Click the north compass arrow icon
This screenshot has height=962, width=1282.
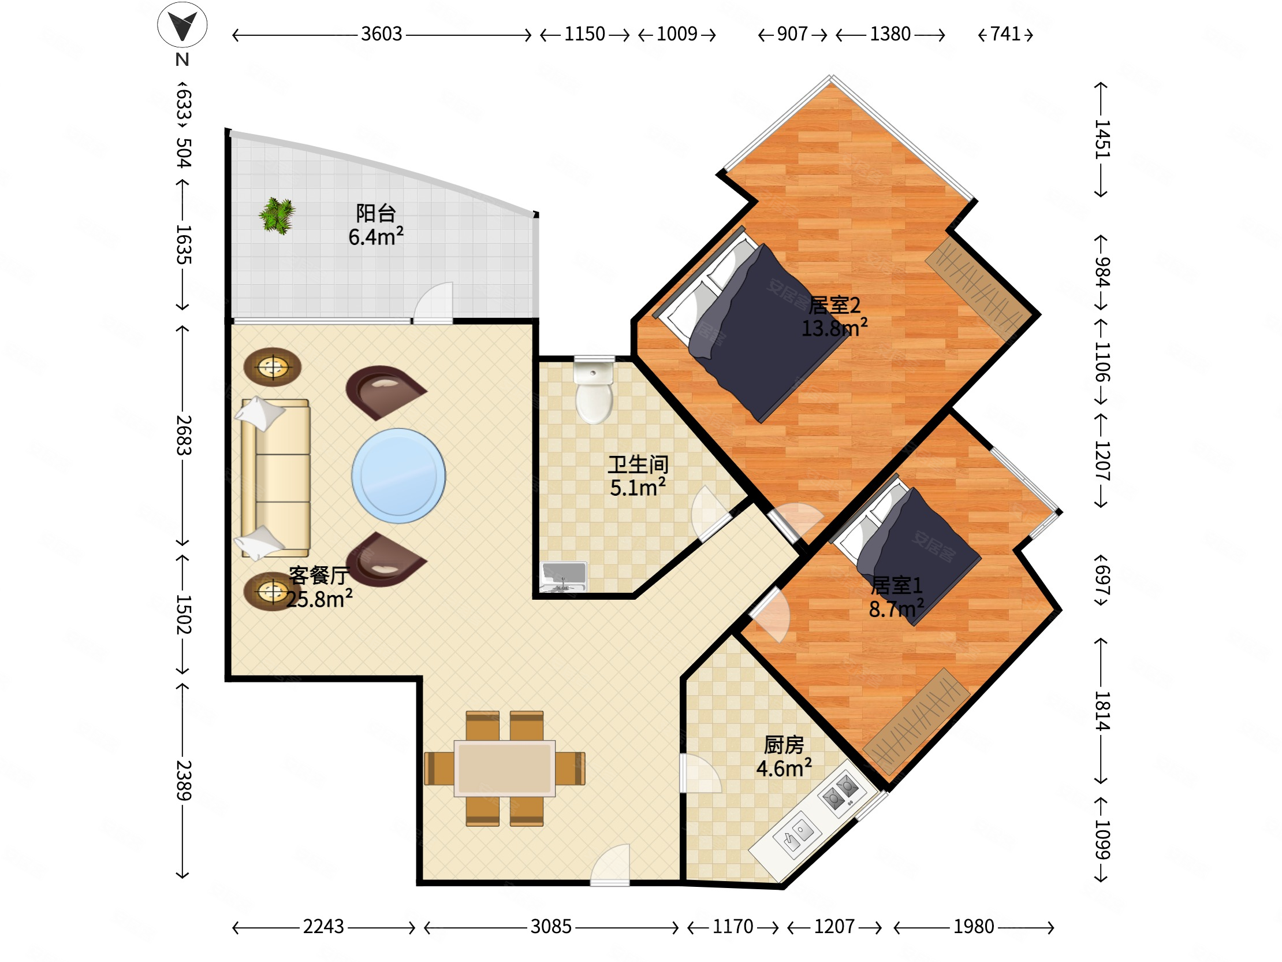pos(182,24)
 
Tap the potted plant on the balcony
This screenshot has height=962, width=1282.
pos(277,216)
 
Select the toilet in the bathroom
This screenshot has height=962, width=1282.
pos(594,389)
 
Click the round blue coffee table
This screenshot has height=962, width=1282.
pos(398,476)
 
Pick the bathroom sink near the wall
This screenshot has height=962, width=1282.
pos(564,577)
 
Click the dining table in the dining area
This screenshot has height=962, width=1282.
pos(504,768)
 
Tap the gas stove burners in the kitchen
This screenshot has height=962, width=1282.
pos(841,793)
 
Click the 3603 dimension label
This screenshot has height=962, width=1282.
pos(381,34)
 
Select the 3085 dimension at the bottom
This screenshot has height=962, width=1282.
pos(550,927)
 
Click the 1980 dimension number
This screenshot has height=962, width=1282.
pos(974,927)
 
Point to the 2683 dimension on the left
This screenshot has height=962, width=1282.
pos(183,435)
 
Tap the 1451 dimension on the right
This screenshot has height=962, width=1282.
pos(1102,139)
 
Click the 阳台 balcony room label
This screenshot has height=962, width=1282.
pos(375,213)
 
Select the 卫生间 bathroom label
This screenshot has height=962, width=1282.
pos(638,465)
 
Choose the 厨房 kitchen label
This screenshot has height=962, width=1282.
pos(784,745)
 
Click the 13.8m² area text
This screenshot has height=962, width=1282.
pos(834,328)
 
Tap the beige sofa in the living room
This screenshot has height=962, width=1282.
pos(276,478)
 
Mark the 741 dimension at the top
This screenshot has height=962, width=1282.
pos(1005,34)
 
